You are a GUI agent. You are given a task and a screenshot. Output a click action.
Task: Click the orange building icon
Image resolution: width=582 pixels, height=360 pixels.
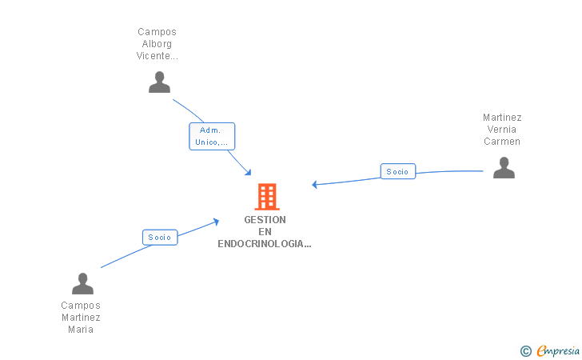[x=266, y=196]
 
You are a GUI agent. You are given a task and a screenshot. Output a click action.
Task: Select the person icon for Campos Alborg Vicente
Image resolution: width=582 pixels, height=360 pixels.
[x=159, y=82]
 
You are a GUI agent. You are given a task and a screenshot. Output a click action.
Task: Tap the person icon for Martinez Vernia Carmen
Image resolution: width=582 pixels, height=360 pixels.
[x=504, y=167]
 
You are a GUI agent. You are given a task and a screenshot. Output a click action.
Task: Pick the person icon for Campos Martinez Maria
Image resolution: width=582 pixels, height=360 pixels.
[x=82, y=283]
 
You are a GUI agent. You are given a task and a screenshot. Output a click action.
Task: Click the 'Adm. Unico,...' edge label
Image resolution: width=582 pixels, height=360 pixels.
[x=212, y=136]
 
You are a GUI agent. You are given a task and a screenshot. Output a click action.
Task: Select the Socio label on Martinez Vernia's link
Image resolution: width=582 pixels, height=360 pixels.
[x=397, y=171]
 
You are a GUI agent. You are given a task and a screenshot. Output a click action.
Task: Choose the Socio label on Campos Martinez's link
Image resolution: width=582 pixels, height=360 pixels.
[x=160, y=237]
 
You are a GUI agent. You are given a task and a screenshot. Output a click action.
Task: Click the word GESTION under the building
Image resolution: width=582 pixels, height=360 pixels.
[x=265, y=220]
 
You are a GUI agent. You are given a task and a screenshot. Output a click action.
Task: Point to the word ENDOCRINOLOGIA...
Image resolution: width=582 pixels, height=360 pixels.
[x=264, y=244]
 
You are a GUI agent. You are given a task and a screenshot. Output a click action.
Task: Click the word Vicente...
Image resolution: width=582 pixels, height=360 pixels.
[x=157, y=56]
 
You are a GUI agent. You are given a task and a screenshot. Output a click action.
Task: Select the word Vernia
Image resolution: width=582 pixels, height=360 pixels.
[x=502, y=130]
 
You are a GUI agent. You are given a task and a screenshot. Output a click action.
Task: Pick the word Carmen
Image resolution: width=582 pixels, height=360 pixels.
[x=502, y=142]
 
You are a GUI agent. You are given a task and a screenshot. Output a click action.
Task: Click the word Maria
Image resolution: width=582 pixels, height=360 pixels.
[x=81, y=330]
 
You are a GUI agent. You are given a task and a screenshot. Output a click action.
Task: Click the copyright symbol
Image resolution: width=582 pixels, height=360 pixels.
[x=525, y=350]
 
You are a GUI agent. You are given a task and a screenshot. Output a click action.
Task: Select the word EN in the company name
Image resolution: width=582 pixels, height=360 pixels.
[x=265, y=232]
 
